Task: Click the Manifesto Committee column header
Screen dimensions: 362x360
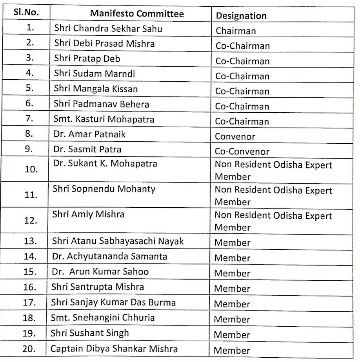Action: (137, 14)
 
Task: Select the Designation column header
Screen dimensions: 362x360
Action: (241, 16)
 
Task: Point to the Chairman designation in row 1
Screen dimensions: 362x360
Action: (234, 31)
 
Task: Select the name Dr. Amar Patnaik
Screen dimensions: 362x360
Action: (87, 135)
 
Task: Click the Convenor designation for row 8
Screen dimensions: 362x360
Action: (235, 137)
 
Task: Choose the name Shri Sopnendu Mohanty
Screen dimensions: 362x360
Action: (104, 189)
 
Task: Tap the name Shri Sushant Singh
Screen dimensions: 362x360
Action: (90, 333)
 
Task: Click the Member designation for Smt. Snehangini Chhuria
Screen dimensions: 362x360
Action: (232, 319)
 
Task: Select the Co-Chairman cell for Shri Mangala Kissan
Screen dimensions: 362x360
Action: (242, 91)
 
